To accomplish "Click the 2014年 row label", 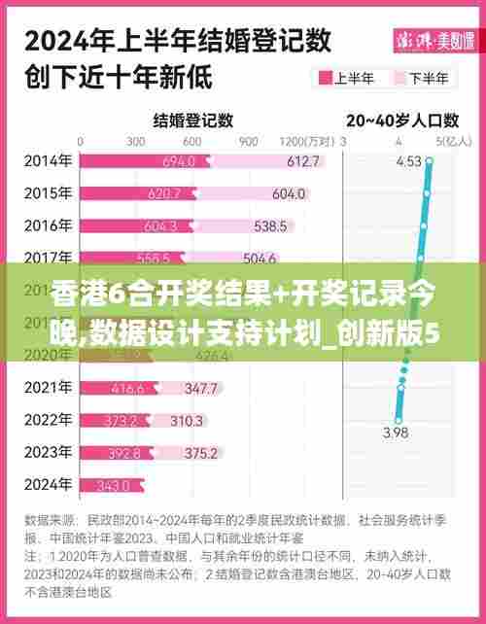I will (47, 160).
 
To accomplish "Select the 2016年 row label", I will (47, 225).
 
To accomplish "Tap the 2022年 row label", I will (47, 420).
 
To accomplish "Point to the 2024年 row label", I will (47, 484).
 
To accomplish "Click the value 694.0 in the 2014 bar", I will (179, 161).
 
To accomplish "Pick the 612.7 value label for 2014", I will (302, 161).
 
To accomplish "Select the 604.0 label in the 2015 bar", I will (289, 193).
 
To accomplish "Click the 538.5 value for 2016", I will (269, 226).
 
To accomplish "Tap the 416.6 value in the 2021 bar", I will (127, 389).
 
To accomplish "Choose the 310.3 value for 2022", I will (186, 421).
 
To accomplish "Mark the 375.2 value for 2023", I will (200, 453).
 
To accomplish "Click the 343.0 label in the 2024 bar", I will (113, 485).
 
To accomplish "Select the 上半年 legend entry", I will (349, 78).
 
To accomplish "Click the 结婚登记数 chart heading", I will (193, 121).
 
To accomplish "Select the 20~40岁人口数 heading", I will (402, 121).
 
